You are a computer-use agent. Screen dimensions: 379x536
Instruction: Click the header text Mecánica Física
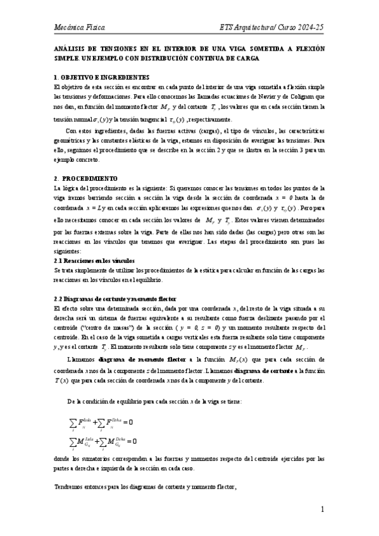(80, 28)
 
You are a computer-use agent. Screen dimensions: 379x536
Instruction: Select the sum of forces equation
(100, 422)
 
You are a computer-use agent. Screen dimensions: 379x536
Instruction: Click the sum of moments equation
(102, 441)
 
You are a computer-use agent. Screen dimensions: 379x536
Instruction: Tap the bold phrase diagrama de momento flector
(148, 360)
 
